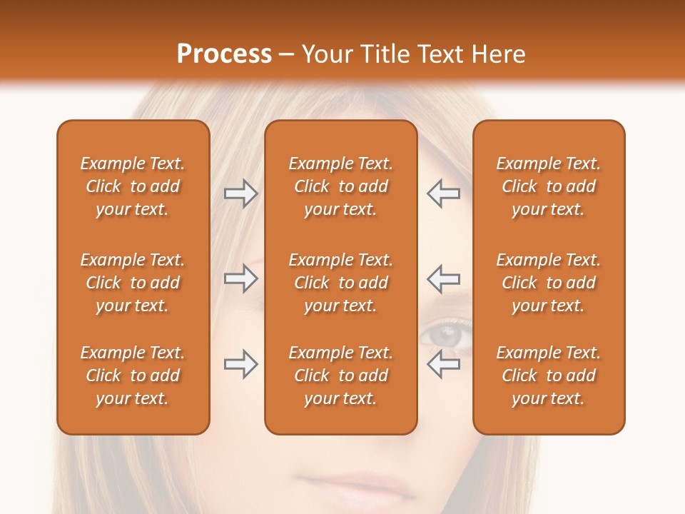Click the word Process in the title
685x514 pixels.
tap(224, 54)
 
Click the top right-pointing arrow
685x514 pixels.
tap(240, 193)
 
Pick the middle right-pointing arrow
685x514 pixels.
tap(240, 279)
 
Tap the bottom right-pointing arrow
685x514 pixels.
tap(240, 364)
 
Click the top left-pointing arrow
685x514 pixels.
tap(443, 193)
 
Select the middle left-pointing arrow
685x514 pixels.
tap(443, 279)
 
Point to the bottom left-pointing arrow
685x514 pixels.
tap(443, 364)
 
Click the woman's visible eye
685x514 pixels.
tap(447, 334)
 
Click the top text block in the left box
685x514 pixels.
tap(133, 186)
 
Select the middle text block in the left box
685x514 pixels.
tap(133, 283)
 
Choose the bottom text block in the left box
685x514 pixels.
tap(133, 376)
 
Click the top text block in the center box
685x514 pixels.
tap(340, 186)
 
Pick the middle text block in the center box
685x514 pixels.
tap(340, 283)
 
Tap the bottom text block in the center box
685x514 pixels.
tap(340, 376)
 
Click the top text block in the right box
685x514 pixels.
tap(548, 186)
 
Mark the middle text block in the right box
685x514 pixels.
tap(548, 283)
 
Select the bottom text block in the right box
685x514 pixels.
tap(548, 376)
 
